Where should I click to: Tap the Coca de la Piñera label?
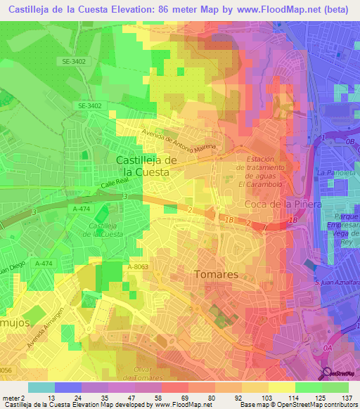(283, 204)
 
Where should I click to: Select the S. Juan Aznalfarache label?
(337, 281)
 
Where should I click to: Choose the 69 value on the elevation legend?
(174, 398)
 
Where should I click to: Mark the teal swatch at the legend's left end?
(41, 387)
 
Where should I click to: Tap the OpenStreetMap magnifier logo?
(328, 372)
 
